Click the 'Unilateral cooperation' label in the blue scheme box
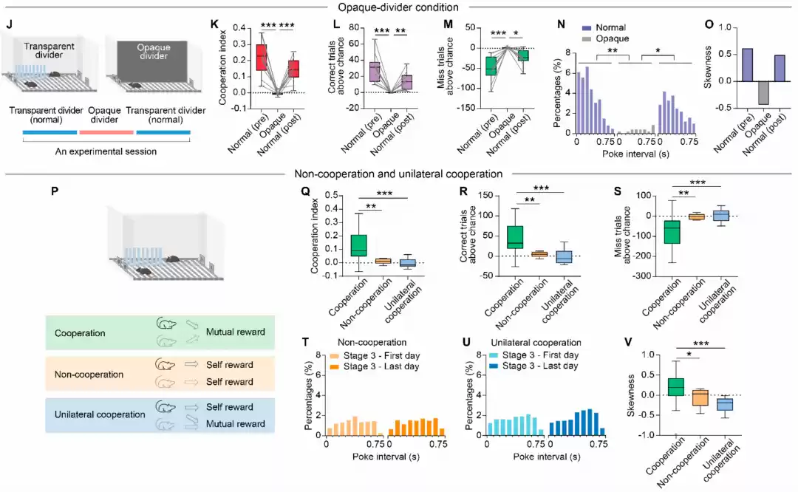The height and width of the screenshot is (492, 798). click(100, 414)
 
